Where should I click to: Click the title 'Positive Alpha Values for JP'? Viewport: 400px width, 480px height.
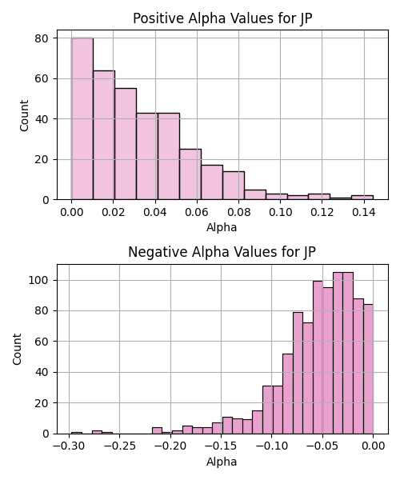tap(222, 18)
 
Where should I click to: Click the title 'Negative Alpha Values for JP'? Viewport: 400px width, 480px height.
tap(222, 252)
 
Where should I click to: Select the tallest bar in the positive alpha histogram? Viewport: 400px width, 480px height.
tap(82, 118)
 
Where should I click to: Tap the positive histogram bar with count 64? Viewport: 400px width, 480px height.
tap(104, 135)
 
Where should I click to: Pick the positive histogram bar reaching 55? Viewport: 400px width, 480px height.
tap(126, 144)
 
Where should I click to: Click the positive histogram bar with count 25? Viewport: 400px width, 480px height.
tap(190, 174)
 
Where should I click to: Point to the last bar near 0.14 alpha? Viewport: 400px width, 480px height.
tap(362, 198)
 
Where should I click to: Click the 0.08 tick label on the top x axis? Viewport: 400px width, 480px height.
tap(238, 212)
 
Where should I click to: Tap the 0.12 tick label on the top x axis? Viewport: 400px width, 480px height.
tap(322, 212)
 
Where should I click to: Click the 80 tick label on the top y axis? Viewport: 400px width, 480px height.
tap(42, 38)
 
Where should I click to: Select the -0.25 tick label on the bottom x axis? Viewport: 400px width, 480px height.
tap(120, 446)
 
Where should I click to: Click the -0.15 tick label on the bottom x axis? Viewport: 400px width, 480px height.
tap(221, 446)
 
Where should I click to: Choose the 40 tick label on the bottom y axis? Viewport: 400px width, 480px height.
tap(42, 372)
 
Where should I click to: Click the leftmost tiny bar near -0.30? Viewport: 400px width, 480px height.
tap(77, 433)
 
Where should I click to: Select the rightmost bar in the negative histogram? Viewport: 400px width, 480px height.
tap(368, 369)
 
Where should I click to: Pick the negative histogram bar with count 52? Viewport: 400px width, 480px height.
tap(288, 394)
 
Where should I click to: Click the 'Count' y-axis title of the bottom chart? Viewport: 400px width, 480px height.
tap(17, 349)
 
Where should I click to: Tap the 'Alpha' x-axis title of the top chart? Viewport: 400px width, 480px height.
tap(222, 227)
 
